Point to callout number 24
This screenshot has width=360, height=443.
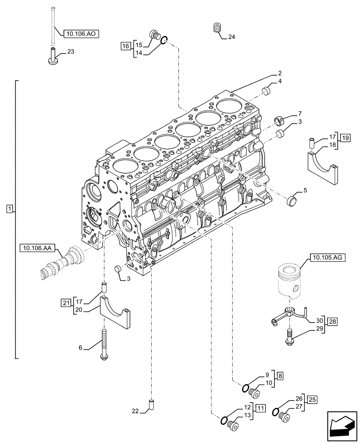tap(231, 37)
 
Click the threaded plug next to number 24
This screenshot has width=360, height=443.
tap(217, 27)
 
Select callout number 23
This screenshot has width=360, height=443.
tap(71, 52)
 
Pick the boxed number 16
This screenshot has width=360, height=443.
tap(125, 45)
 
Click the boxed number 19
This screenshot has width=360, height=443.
tap(346, 137)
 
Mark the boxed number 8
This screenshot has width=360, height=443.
tap(280, 376)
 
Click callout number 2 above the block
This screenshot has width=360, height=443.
tap(280, 73)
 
